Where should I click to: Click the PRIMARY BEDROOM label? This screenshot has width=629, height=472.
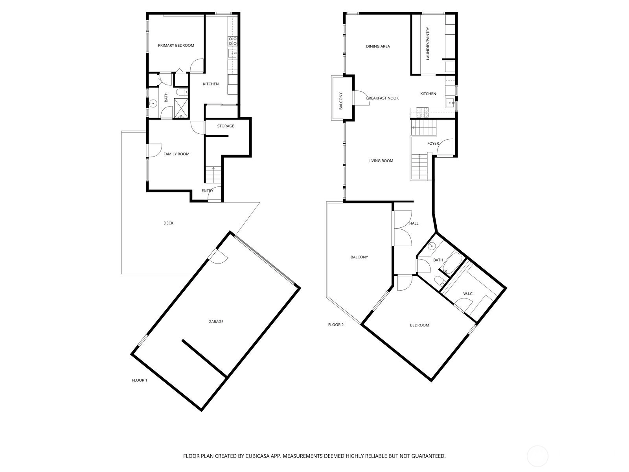tap(176, 45)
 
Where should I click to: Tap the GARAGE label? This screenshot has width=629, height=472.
tap(216, 321)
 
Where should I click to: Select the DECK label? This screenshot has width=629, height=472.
tap(168, 223)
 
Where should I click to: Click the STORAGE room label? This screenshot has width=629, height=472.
tap(226, 126)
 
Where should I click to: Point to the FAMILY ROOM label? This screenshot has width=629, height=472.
tap(176, 154)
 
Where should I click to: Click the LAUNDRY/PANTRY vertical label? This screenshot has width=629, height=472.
tap(428, 44)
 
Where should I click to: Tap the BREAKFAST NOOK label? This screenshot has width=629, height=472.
tap(382, 98)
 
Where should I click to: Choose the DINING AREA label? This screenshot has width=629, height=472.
tap(378, 46)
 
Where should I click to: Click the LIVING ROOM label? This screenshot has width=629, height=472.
tap(381, 161)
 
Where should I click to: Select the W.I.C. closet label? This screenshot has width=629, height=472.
tap(468, 294)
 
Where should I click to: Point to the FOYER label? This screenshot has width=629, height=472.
tap(433, 143)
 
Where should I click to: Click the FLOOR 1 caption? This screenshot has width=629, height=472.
tap(140, 380)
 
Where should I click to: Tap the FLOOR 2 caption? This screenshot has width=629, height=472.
tap(336, 325)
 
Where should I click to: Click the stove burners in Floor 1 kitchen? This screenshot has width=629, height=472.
tap(232, 41)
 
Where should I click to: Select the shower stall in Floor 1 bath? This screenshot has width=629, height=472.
tap(181, 108)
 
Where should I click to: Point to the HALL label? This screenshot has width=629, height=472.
tap(414, 223)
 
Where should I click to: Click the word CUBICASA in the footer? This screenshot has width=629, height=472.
tap(257, 455)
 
